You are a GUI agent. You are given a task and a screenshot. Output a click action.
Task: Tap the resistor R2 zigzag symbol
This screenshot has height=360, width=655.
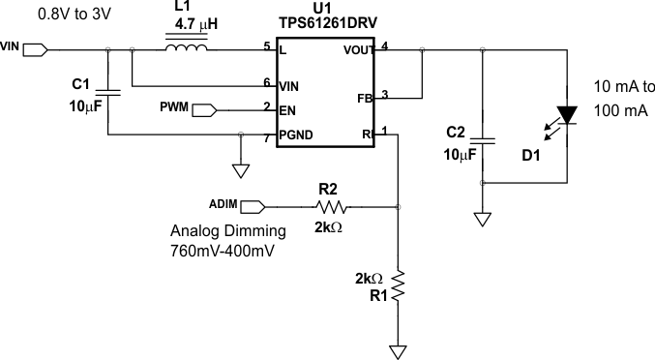[331, 206]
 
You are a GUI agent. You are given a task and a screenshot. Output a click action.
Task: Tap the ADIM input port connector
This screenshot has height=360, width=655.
[252, 206]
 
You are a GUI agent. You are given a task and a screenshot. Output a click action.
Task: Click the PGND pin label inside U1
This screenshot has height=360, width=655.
[296, 135]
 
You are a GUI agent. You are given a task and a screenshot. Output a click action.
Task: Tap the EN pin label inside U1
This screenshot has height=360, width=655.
[287, 110]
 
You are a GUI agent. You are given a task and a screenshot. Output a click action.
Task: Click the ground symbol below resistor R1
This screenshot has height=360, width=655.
[398, 347]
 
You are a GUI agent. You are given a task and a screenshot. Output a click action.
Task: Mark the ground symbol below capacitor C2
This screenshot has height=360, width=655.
[481, 219]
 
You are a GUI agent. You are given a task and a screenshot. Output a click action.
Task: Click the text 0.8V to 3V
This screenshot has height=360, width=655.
[47, 14]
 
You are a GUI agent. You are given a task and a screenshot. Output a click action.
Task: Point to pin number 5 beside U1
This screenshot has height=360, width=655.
[266, 45]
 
